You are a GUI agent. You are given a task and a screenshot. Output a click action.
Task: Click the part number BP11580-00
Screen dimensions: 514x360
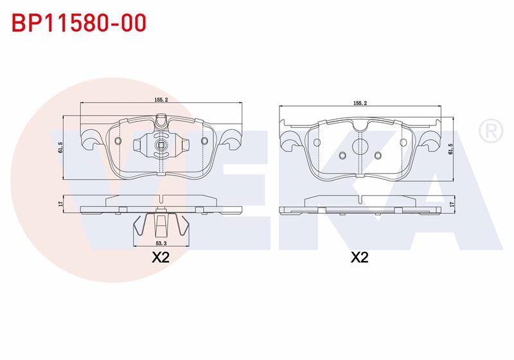[79, 23]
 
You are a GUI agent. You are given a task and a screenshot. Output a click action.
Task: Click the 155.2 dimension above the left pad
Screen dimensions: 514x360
[161, 100]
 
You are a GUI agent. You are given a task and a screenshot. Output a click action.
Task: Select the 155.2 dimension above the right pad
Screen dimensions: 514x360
[360, 103]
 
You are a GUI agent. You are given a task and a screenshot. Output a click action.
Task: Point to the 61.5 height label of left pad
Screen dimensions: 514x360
[60, 148]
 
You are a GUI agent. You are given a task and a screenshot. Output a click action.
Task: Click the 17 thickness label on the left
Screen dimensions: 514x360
[60, 204]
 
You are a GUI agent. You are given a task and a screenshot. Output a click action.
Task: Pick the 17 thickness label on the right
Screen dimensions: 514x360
[452, 204]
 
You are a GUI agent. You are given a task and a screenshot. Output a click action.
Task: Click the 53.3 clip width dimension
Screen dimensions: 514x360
[161, 243]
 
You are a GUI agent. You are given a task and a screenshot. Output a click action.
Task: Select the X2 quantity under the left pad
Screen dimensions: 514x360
[161, 257]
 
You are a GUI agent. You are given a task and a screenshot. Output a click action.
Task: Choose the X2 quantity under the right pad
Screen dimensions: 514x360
[360, 257]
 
